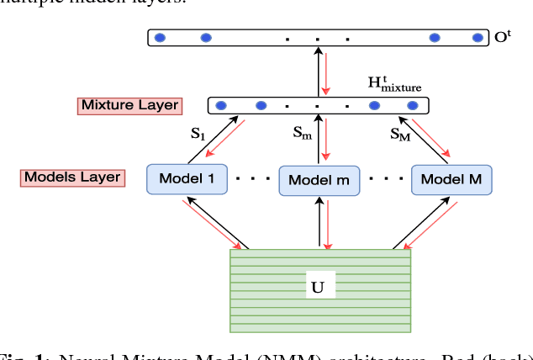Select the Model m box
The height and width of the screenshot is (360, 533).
pos(319,180)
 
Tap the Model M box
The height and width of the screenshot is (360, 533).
pos(451,178)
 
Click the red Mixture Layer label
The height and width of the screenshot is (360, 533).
pos(129,105)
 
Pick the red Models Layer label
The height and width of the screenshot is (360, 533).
pos(72,177)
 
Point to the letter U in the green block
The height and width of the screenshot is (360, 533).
pos(318,286)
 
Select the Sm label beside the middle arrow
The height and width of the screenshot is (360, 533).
pos(301,132)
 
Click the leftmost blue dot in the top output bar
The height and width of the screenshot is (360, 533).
pos(159,37)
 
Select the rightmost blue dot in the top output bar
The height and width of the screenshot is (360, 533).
pos(478,37)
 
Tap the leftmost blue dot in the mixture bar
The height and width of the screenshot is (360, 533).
pos(221,105)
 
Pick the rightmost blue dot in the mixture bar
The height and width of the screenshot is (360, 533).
pos(412,105)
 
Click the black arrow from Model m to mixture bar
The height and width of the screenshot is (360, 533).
pos(319,140)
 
